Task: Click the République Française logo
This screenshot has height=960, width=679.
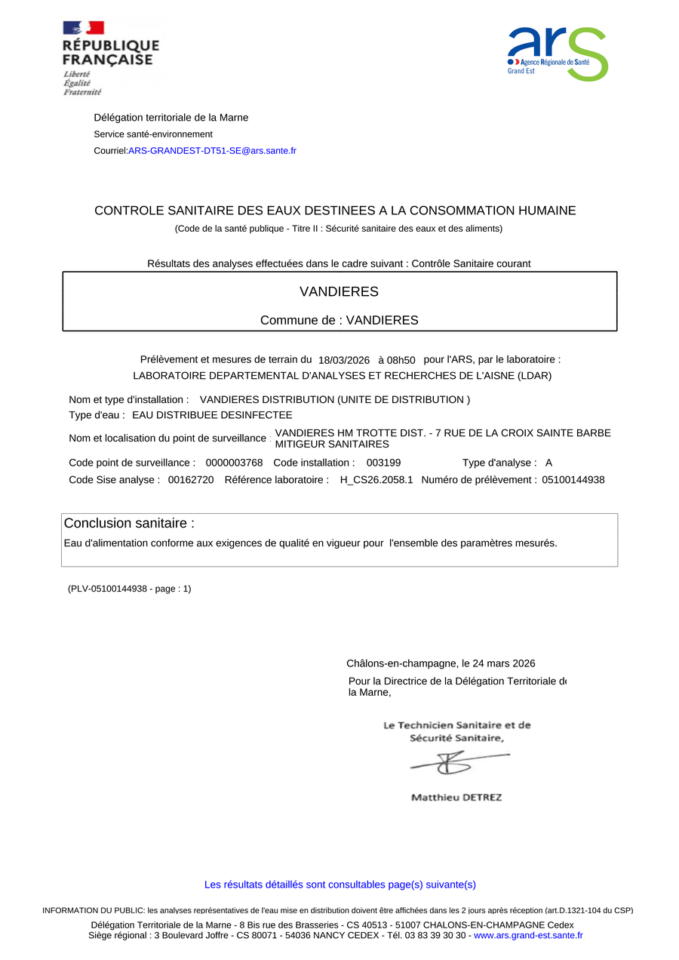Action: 110,57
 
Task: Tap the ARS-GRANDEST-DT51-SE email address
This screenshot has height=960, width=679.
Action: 212,151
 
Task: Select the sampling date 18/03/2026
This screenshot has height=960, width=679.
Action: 344,361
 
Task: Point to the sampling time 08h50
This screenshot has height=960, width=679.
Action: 401,361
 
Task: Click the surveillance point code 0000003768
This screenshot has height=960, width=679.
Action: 234,463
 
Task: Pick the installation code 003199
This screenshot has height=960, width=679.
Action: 383,463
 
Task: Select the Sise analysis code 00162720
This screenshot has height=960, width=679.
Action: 191,480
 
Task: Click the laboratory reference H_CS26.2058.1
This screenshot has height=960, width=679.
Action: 376,480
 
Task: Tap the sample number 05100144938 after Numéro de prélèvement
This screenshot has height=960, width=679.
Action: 573,480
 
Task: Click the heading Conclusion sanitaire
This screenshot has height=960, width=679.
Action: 129,524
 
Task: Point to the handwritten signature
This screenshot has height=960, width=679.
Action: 457,764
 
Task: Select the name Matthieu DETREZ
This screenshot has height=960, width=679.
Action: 456,798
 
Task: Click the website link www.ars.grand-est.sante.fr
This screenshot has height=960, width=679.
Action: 528,936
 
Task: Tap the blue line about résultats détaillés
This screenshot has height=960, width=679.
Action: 340,885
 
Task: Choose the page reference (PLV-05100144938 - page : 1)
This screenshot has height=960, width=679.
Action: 130,589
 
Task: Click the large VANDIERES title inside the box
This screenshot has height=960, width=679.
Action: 339,292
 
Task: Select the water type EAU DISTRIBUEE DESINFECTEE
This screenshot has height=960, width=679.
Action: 212,415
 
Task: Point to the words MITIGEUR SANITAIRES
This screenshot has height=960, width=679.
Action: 332,445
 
